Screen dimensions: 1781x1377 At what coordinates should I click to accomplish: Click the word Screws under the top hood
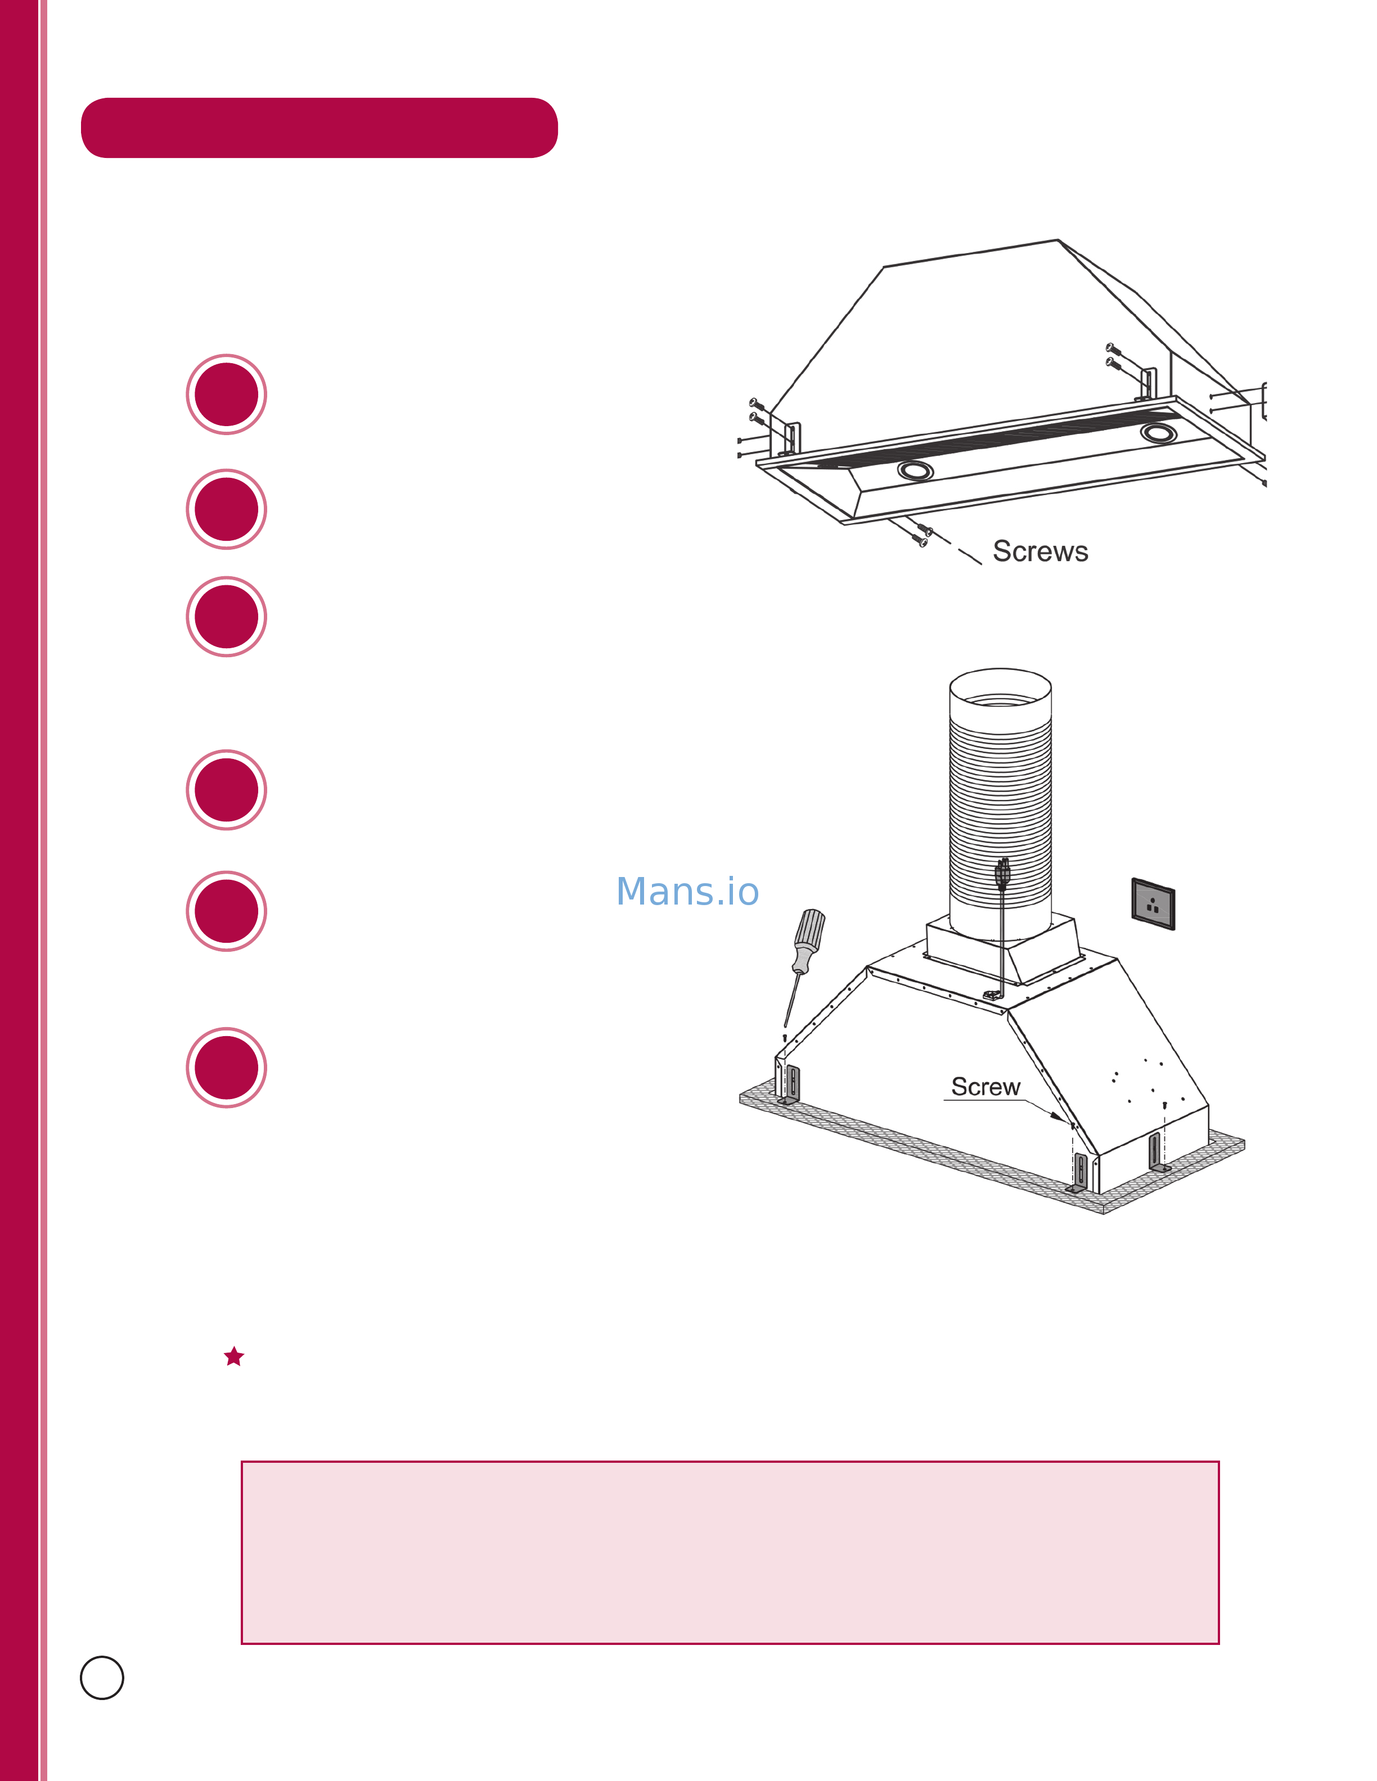tap(1040, 552)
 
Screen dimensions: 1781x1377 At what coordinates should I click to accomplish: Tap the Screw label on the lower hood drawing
tap(985, 1087)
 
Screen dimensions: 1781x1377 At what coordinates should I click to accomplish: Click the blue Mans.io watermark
tap(688, 891)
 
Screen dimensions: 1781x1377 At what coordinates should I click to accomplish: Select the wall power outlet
tap(1153, 903)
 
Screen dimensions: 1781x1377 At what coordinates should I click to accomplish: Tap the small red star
tap(234, 1356)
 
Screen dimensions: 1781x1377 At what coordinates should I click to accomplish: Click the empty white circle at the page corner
tap(102, 1678)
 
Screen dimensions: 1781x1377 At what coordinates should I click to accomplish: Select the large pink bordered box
tap(730, 1553)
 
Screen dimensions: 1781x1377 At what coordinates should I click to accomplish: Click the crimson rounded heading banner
tap(319, 128)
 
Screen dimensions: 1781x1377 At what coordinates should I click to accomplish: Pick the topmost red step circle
tap(227, 395)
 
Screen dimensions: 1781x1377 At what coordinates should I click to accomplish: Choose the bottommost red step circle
tap(227, 1068)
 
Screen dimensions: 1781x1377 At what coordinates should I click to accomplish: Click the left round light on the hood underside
tap(915, 471)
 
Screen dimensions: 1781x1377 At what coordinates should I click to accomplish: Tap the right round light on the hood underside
tap(1158, 432)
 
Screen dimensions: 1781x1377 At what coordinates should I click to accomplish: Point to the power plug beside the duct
tap(1002, 875)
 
